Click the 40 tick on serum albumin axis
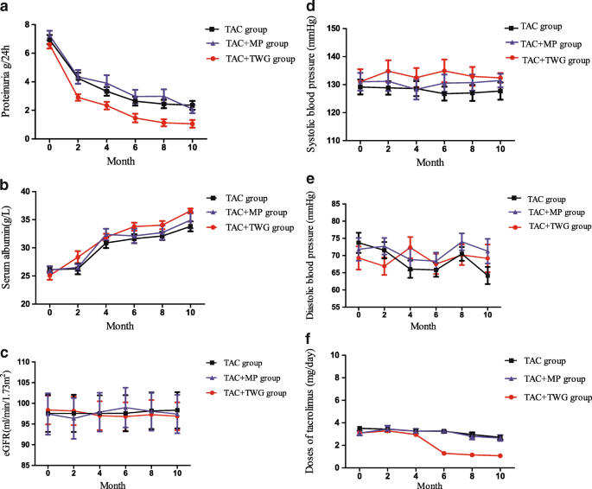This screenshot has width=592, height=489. [37, 191]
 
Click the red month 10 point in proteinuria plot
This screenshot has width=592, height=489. [192, 124]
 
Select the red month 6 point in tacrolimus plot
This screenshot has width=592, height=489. [444, 453]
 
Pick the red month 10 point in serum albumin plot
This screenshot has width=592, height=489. [192, 210]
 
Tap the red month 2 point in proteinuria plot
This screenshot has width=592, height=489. [78, 98]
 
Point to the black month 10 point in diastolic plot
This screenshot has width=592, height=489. [489, 276]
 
